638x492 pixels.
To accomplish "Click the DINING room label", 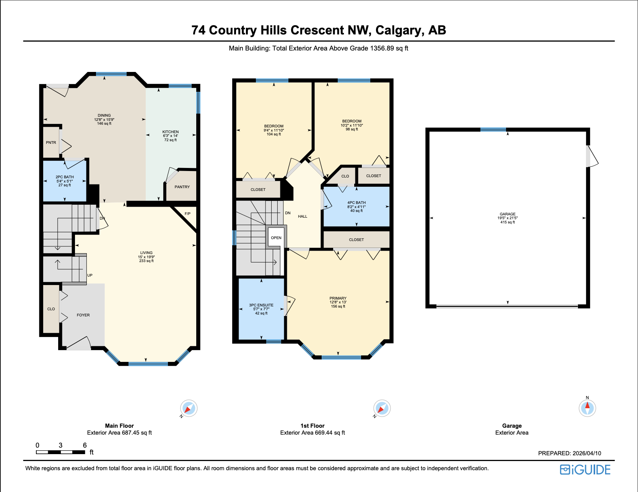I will pyautogui.click(x=104, y=116).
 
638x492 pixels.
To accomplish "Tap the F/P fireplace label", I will pyautogui.click(x=187, y=214).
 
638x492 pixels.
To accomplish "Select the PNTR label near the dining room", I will pyautogui.click(x=51, y=143).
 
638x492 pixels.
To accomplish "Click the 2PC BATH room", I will pyautogui.click(x=65, y=181).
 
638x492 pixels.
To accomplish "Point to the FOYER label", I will pyautogui.click(x=83, y=315).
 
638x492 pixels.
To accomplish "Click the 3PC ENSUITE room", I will pyautogui.click(x=261, y=309).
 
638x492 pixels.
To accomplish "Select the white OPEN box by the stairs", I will pyautogui.click(x=276, y=238).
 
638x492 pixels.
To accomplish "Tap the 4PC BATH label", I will pyautogui.click(x=356, y=203).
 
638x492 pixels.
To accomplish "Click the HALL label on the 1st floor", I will pyautogui.click(x=303, y=217).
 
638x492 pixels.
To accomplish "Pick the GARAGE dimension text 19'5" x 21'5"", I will pyautogui.click(x=508, y=218).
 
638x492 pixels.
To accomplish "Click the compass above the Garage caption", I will pyautogui.click(x=587, y=408).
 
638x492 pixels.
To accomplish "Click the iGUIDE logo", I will pyautogui.click(x=585, y=470).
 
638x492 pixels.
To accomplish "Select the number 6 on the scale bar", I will pyautogui.click(x=85, y=445).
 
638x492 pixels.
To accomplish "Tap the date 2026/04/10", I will pyautogui.click(x=587, y=453).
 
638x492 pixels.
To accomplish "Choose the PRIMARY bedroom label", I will pyautogui.click(x=338, y=298).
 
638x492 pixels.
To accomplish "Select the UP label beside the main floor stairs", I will pyautogui.click(x=90, y=275).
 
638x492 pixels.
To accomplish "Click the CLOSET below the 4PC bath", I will pyautogui.click(x=356, y=240).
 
